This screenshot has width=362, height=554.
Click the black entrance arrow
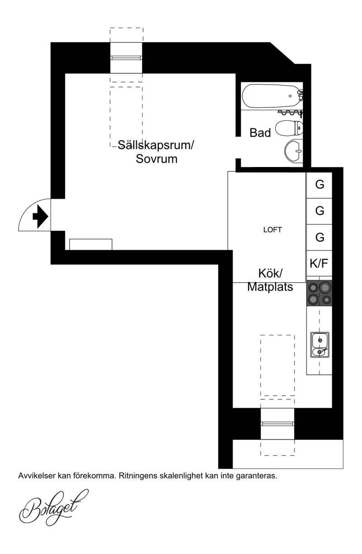click(x=40, y=216)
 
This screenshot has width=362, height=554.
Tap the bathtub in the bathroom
click(x=271, y=96)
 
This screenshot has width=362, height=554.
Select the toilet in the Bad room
click(x=289, y=128)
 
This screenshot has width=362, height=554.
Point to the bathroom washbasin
click(x=294, y=151)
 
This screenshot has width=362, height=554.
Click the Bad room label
click(x=260, y=133)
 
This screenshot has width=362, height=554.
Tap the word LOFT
click(x=272, y=230)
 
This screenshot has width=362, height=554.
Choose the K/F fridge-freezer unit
click(x=319, y=263)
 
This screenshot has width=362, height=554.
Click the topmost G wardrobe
click(x=319, y=185)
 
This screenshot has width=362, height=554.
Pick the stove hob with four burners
click(x=319, y=293)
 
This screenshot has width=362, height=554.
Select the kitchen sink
click(x=320, y=345)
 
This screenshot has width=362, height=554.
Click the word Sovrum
click(x=157, y=159)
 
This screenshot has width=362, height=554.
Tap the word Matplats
click(x=270, y=287)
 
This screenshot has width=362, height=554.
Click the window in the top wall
click(x=126, y=58)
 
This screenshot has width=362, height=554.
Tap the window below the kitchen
click(x=277, y=424)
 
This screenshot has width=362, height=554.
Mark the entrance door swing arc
click(x=28, y=207)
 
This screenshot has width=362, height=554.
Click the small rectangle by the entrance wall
click(x=91, y=244)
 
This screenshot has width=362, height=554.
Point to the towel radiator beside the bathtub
click(x=291, y=113)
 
